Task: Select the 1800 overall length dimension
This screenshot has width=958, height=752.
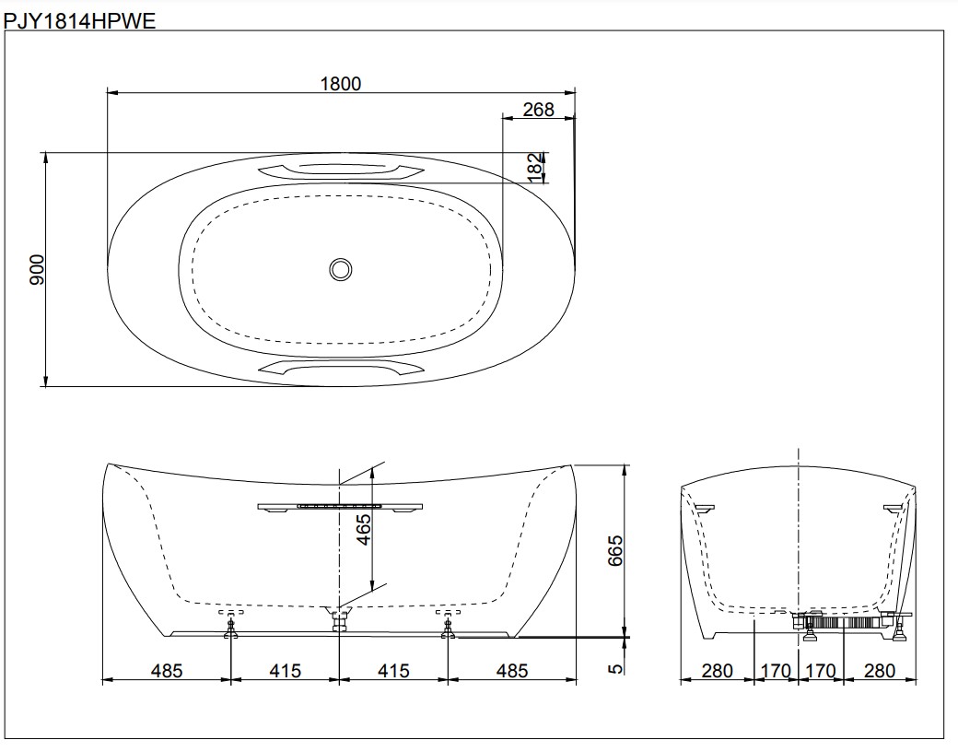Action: (x=341, y=83)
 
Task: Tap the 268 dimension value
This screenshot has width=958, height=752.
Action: (x=538, y=110)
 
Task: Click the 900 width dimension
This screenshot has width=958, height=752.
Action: (x=36, y=270)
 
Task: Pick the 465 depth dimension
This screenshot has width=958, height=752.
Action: (x=363, y=531)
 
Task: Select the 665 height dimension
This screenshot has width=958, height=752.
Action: (x=616, y=550)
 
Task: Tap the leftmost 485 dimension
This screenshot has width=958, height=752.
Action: (x=167, y=670)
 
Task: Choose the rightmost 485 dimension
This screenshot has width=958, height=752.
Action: (x=512, y=670)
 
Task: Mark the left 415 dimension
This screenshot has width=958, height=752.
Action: (x=286, y=670)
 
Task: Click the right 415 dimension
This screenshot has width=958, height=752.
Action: (x=394, y=670)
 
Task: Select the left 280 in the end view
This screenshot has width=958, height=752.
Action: (x=717, y=670)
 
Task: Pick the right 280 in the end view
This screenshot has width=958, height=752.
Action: (x=880, y=670)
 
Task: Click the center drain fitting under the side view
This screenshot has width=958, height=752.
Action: (x=340, y=618)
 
